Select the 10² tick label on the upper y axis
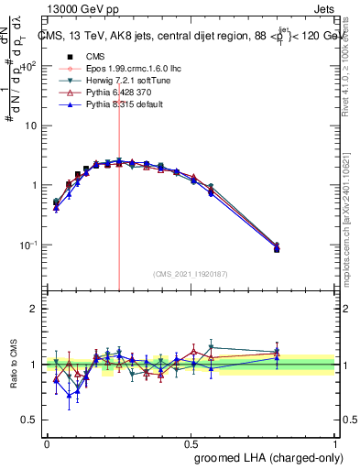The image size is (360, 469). pyautogui.click(x=30, y=66)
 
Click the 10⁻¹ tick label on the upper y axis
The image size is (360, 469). pyautogui.click(x=30, y=245)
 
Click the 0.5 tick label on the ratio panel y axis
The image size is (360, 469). pyautogui.click(x=30, y=420)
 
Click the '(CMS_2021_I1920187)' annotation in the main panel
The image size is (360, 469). pyautogui.click(x=191, y=273)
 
